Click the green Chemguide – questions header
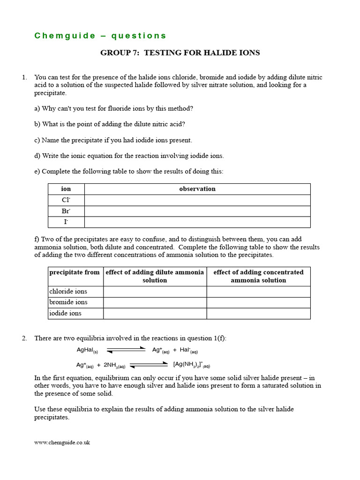click(100, 36)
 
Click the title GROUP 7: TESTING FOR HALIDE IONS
click(180, 52)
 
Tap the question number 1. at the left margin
click(24, 77)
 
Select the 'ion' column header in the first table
click(66, 189)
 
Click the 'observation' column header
click(197, 189)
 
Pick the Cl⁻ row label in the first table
click(66, 200)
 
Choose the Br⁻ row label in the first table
click(66, 211)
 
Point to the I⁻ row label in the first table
click(66, 222)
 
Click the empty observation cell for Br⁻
click(197, 211)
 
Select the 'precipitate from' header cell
click(75, 272)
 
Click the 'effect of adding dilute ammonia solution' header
click(155, 276)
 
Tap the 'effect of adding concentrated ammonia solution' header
click(258, 276)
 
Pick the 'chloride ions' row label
click(68, 292)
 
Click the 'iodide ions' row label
click(66, 314)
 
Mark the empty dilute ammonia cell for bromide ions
click(155, 302)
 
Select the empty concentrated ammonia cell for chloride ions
click(258, 292)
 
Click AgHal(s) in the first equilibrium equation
click(87, 350)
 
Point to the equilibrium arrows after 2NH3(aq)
click(148, 364)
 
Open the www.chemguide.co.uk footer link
click(62, 442)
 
